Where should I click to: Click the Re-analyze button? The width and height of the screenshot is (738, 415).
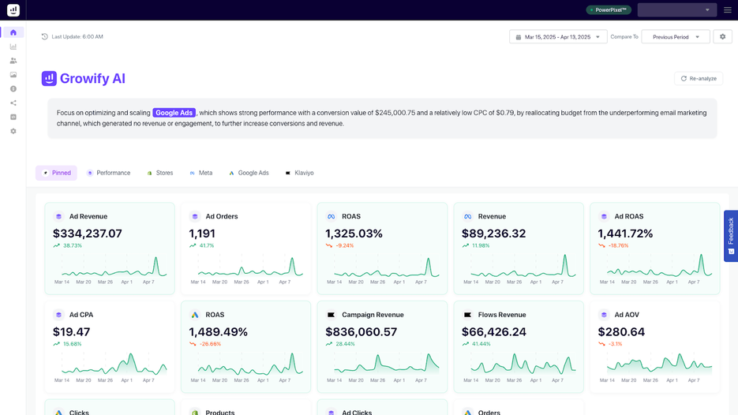tap(699, 79)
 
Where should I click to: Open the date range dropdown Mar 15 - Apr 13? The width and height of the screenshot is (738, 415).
tap(558, 37)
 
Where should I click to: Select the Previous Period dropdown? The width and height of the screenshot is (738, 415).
tap(675, 37)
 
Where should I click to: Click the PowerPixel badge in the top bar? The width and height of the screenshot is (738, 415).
tap(609, 10)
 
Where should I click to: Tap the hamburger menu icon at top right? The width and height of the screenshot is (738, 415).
tap(727, 10)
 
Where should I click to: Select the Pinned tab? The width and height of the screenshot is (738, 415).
tap(57, 173)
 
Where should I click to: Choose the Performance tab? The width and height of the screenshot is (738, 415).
tap(109, 173)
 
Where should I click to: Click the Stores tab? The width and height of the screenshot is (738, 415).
tap(160, 173)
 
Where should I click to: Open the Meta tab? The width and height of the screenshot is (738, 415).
tap(201, 173)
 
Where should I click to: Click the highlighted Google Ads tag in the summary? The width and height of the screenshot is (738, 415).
tap(174, 113)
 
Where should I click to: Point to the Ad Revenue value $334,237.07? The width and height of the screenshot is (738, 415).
tap(88, 234)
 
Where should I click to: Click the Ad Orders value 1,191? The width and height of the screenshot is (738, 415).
tap(202, 234)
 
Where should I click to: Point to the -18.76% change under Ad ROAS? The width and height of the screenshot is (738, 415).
tap(617, 245)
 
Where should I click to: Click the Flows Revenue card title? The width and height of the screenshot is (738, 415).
tap(501, 315)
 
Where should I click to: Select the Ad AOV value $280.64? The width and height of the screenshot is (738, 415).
tap(621, 332)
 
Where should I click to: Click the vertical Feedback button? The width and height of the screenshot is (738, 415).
tap(730, 235)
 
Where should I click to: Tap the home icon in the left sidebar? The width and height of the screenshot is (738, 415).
tap(13, 32)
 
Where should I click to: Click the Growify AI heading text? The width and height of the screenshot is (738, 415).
tap(92, 79)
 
